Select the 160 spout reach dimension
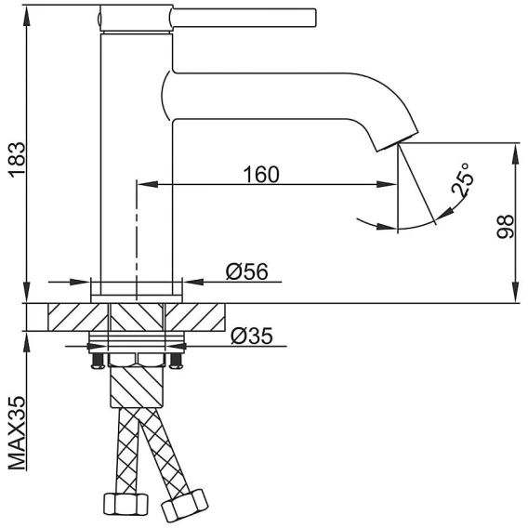click(x=261, y=175)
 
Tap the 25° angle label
click(x=463, y=179)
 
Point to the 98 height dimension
click(x=506, y=227)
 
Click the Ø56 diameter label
click(x=247, y=271)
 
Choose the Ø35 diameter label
click(x=252, y=336)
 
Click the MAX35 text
click(x=17, y=433)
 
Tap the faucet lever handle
click(x=243, y=18)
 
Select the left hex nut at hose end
click(x=125, y=504)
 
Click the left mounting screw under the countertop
click(x=98, y=361)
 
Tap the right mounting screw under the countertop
click(x=176, y=361)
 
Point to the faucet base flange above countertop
click(x=137, y=298)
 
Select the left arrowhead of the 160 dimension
click(x=148, y=184)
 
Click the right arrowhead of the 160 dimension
click(x=387, y=184)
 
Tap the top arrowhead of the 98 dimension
click(x=515, y=153)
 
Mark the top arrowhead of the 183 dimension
click(x=26, y=15)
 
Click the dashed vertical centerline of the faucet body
click(x=137, y=240)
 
